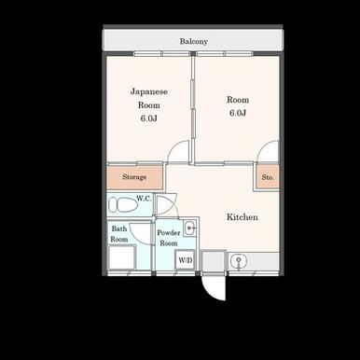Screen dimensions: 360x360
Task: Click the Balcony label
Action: point(193,41)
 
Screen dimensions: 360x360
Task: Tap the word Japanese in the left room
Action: point(149,91)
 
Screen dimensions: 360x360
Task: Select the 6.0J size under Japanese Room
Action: point(148,118)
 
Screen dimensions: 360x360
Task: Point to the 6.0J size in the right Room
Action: point(238,113)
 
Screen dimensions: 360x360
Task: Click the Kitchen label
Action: point(242,217)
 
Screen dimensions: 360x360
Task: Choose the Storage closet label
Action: point(134,177)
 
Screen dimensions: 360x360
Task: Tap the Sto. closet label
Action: point(268,177)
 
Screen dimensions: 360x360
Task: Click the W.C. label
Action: point(145,199)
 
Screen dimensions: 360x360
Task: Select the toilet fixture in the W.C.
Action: point(123,205)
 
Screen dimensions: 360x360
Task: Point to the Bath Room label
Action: point(119,234)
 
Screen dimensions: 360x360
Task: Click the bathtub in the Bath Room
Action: point(122,257)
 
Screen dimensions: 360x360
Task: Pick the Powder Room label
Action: point(169,238)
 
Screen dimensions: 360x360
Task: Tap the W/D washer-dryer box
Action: point(186,260)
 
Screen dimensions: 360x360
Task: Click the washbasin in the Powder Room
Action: point(189,228)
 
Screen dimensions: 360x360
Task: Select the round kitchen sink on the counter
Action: point(239,260)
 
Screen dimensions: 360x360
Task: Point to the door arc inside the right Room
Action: point(263,146)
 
